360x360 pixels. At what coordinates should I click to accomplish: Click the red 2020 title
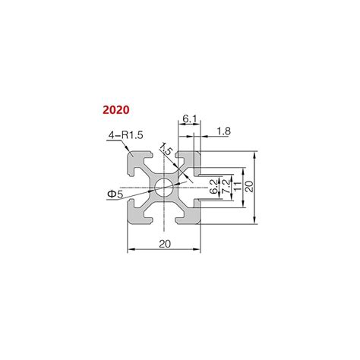click(x=116, y=109)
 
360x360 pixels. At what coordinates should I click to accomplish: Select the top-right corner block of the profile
click(x=189, y=162)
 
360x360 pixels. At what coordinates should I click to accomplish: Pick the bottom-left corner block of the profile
click(x=139, y=213)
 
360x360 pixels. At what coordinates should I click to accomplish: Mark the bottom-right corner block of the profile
click(x=189, y=213)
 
